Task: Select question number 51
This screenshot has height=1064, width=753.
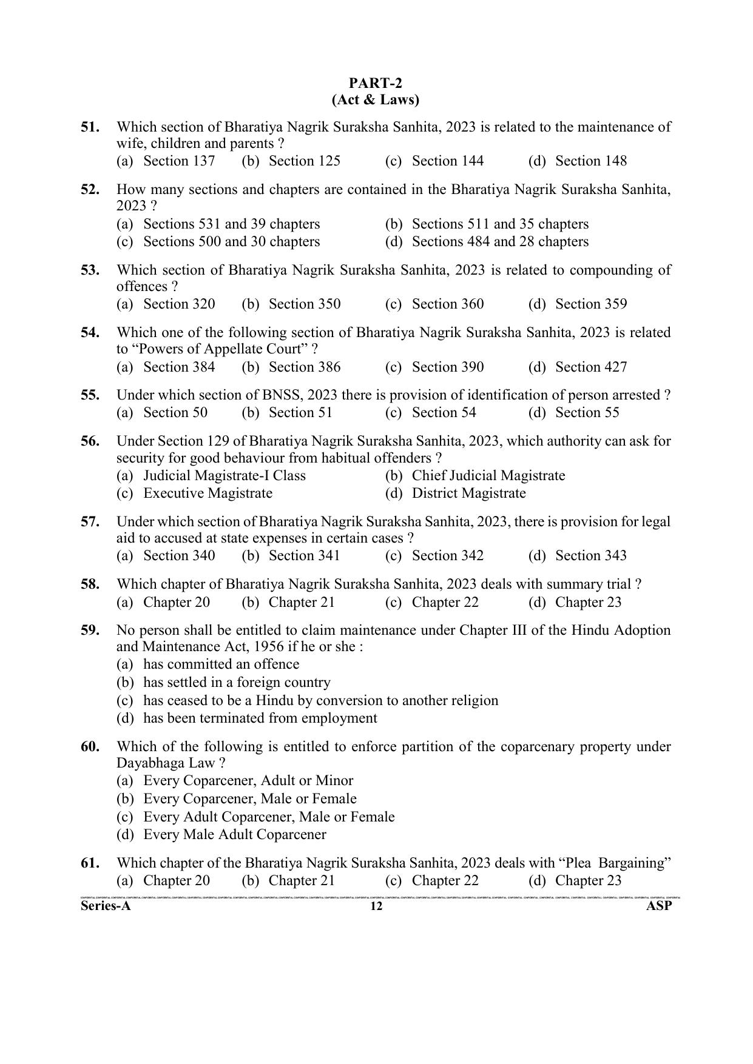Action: (x=90, y=127)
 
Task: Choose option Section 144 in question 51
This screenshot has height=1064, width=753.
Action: (x=447, y=161)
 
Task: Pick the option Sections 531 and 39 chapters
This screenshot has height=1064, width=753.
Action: (x=231, y=224)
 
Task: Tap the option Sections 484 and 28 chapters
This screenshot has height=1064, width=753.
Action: (x=499, y=242)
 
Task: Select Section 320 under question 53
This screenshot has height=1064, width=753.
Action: (x=178, y=304)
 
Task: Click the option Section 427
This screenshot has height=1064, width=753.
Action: (x=590, y=367)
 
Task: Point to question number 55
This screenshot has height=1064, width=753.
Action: (x=90, y=395)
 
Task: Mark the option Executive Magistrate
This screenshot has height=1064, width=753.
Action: (x=208, y=494)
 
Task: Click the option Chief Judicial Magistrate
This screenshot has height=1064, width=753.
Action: (x=488, y=476)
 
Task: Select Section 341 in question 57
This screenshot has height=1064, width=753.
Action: (x=304, y=556)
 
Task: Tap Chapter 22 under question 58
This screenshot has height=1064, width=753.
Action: (x=445, y=603)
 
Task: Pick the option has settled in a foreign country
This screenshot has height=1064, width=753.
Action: (x=237, y=683)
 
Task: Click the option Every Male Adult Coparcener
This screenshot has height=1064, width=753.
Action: (x=234, y=835)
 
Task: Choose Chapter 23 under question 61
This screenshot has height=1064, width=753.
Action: (x=588, y=881)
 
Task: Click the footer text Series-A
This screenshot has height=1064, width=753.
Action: (x=106, y=906)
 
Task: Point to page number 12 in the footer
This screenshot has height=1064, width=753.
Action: (x=376, y=907)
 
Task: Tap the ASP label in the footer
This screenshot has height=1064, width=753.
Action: (x=660, y=906)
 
